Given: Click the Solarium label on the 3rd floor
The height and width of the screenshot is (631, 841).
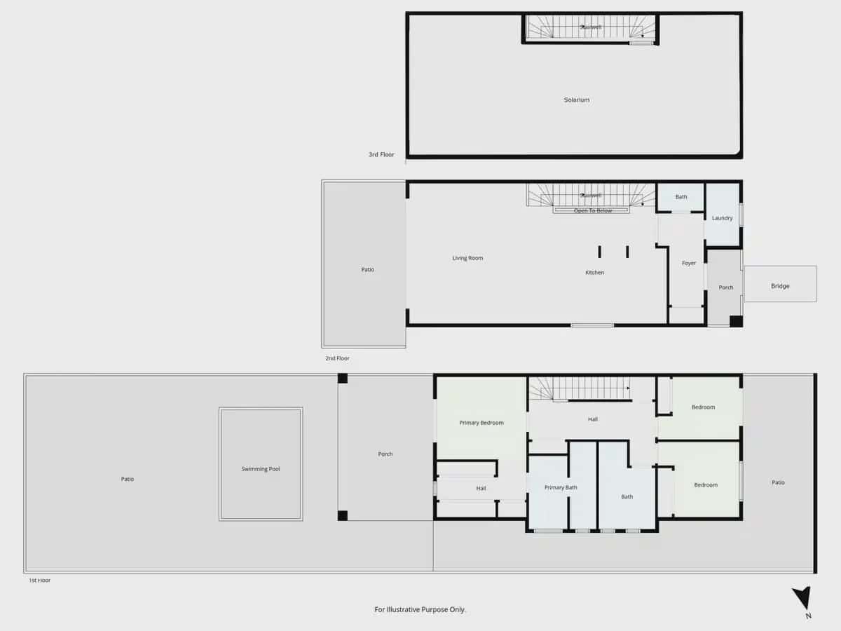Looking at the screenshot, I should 576,100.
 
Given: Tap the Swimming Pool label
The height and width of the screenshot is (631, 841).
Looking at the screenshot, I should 260,469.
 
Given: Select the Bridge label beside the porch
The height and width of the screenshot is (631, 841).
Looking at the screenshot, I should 780,286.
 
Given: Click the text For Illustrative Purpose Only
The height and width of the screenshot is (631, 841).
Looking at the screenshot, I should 420,610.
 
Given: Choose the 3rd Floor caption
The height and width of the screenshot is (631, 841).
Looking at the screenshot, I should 381,155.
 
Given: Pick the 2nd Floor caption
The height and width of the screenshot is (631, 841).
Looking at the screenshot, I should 337,358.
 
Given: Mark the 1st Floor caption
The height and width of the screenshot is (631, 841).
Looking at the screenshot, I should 39,581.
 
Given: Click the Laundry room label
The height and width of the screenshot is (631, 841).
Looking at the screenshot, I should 722,218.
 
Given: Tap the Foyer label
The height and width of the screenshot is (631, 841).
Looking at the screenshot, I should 689,264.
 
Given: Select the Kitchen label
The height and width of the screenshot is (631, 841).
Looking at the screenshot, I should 594,273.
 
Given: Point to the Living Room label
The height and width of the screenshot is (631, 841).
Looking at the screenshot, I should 467,259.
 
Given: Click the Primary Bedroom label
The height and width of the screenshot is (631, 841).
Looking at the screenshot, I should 481,423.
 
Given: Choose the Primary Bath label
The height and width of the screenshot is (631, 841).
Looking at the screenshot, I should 561,487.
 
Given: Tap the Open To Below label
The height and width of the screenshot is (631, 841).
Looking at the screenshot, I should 593,211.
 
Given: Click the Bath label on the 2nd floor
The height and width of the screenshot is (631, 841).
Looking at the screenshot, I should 681,197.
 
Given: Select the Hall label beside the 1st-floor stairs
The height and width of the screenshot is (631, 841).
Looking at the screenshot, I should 593,419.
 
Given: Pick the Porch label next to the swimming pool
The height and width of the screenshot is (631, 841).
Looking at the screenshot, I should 385,454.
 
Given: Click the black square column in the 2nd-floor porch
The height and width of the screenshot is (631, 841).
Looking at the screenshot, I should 736,321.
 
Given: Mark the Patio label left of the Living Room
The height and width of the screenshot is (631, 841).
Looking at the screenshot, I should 367,270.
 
